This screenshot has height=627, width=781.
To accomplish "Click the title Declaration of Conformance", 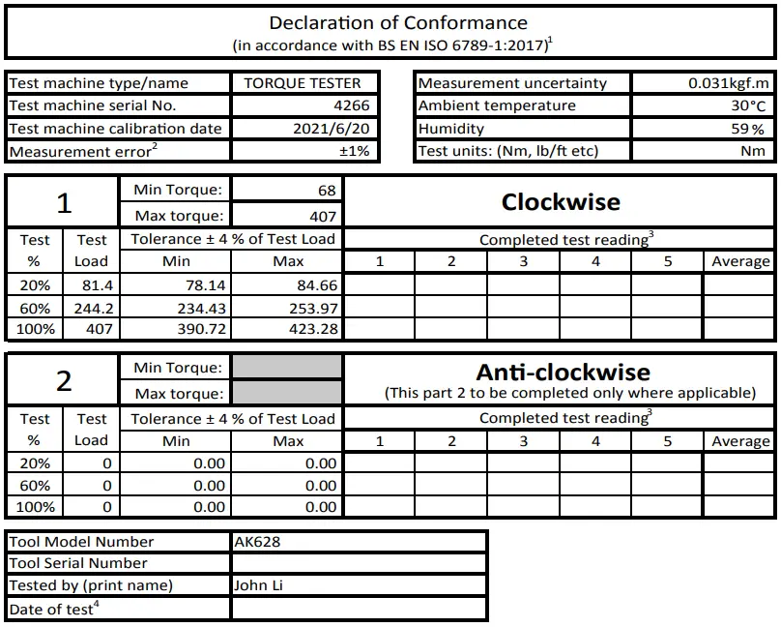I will (x=398, y=23).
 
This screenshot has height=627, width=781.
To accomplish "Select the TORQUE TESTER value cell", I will (x=302, y=83).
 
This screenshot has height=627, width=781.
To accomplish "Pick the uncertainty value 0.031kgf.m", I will (x=729, y=83).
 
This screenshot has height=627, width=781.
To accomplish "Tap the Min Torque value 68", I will (x=326, y=191).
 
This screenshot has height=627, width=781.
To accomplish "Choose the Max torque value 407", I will (x=323, y=216).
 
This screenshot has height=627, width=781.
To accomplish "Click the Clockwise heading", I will (x=561, y=202).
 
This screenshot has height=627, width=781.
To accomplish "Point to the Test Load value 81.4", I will (x=92, y=284).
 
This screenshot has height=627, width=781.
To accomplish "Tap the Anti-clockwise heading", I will (x=563, y=373).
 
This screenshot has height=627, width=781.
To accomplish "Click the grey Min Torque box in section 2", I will (x=287, y=367).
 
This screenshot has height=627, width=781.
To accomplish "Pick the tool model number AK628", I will (x=257, y=542).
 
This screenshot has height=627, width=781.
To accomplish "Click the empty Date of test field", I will (x=358, y=609).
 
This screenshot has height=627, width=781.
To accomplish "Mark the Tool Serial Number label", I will (x=78, y=563).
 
